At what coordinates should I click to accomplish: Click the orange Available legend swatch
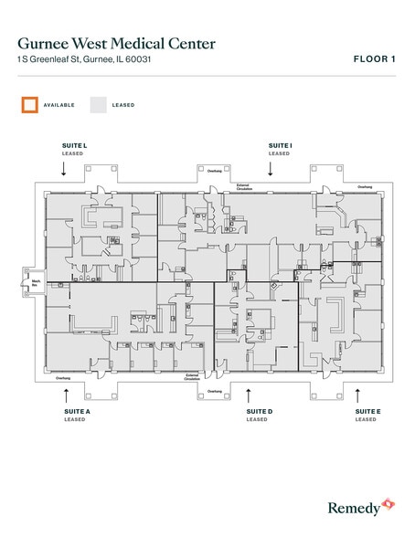point(29,105)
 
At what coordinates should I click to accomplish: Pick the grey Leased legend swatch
point(98,105)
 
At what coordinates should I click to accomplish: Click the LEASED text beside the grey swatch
point(123,105)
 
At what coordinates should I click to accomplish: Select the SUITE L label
point(74,145)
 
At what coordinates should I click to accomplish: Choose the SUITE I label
point(280,145)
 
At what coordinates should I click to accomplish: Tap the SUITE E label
point(367,412)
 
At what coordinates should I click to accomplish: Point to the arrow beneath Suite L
point(63,169)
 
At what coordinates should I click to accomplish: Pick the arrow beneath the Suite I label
point(270,169)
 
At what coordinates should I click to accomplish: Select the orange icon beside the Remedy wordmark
point(388,503)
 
